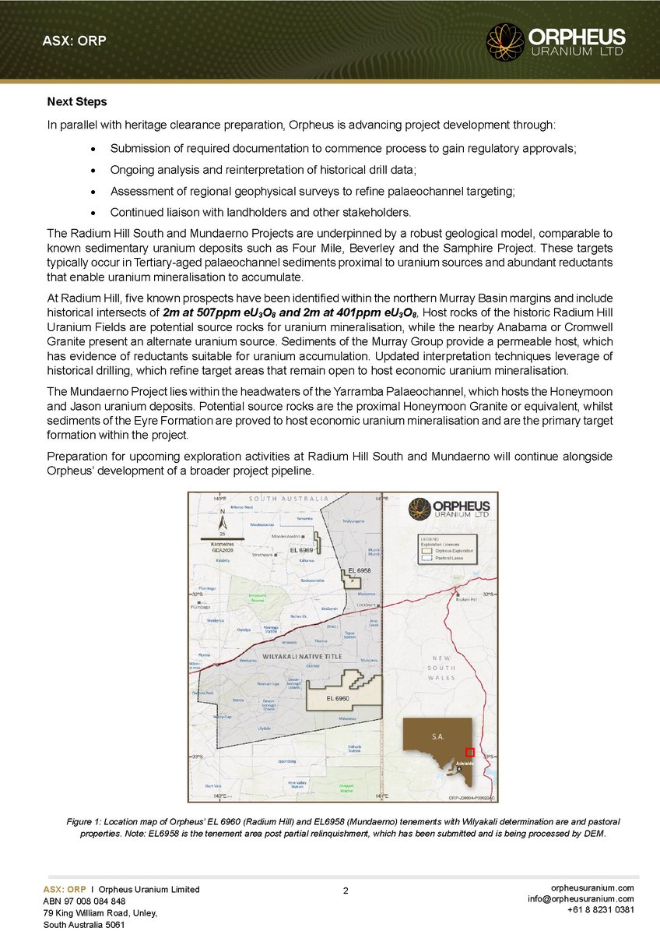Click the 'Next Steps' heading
(x=77, y=102)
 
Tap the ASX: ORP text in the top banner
(x=74, y=41)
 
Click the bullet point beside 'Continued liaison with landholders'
(x=93, y=212)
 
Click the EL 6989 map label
(x=301, y=550)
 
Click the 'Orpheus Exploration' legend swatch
(x=427, y=549)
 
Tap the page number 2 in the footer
(x=345, y=889)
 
